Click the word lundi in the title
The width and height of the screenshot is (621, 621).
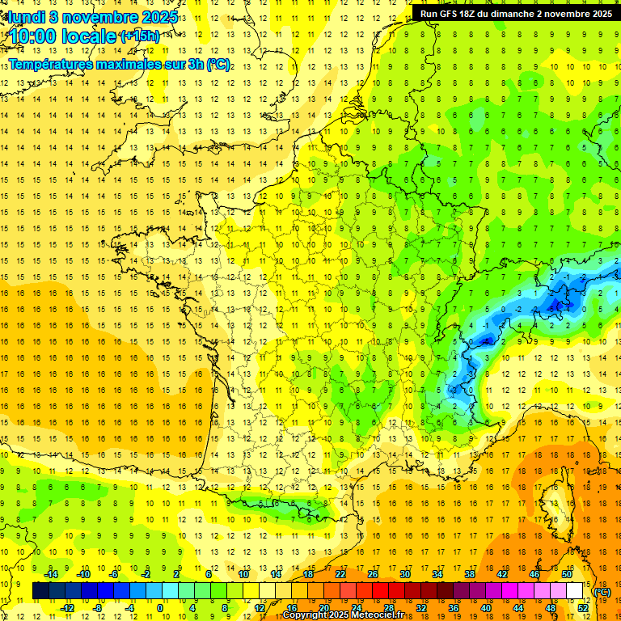[27, 17]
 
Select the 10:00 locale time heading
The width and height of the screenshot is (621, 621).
[63, 36]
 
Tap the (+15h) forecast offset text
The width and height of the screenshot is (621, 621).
[139, 36]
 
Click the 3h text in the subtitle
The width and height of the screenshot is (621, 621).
[196, 65]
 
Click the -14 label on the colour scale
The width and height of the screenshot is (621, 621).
[53, 574]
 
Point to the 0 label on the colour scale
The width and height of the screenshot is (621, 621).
[160, 608]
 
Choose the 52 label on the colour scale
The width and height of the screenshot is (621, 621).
[583, 608]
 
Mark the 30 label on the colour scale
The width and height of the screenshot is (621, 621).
[404, 574]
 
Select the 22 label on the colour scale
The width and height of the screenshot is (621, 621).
[340, 574]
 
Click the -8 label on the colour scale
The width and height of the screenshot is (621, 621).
[97, 608]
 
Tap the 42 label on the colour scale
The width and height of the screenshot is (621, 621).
[501, 574]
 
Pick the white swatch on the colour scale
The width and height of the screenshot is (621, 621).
[575, 591]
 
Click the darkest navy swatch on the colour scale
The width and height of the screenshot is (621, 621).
[40, 591]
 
